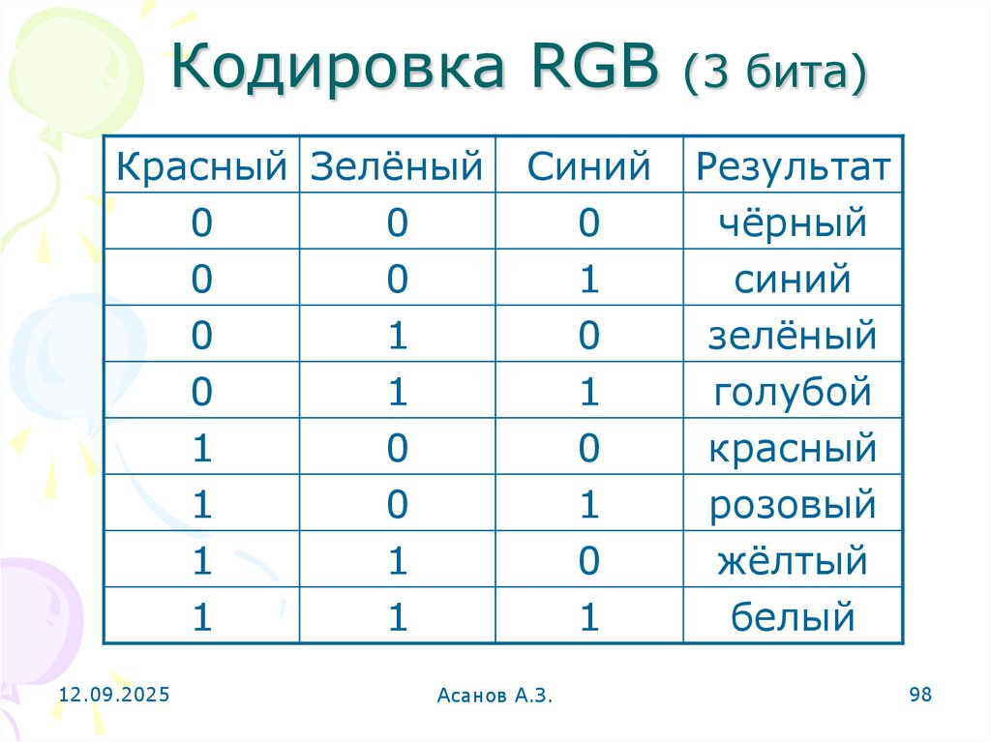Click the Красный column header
(201, 166)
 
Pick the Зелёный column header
(397, 166)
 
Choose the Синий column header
(588, 166)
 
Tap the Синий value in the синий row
(589, 280)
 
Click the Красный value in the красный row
(201, 449)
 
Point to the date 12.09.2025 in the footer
(114, 695)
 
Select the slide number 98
(919, 695)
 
